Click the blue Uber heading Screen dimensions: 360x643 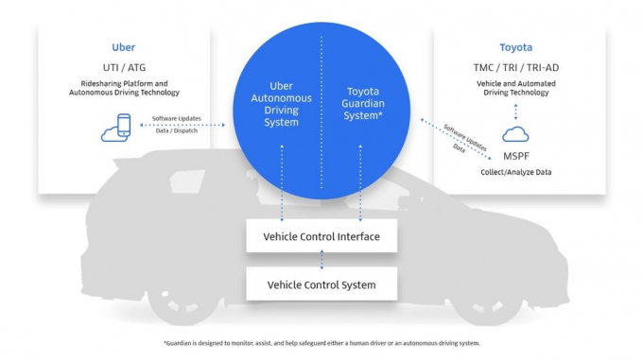coord(124,46)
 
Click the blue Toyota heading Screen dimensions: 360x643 coord(515,46)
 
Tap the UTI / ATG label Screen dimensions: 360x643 coord(124,68)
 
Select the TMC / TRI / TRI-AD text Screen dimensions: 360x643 coord(515,68)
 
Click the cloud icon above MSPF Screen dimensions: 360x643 coord(515,135)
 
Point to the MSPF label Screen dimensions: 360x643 coord(515,156)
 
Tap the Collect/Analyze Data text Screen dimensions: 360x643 coord(515,172)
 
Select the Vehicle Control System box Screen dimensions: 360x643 coord(321,284)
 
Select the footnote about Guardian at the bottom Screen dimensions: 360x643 coord(321,343)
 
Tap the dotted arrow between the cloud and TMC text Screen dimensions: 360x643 coord(515,112)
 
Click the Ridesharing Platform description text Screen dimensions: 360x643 coord(124,88)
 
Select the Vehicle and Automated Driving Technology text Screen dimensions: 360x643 coord(515,88)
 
